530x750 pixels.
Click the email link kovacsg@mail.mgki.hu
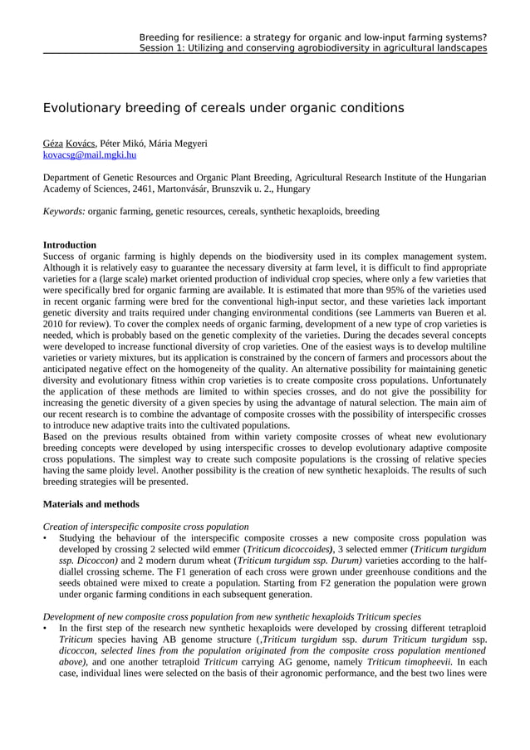[90, 154]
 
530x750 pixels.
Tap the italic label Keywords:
[64, 212]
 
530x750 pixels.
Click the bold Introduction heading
[70, 245]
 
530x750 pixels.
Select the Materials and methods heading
[91, 504]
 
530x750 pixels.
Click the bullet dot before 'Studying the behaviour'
[46, 538]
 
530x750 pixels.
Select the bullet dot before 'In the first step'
[46, 629]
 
